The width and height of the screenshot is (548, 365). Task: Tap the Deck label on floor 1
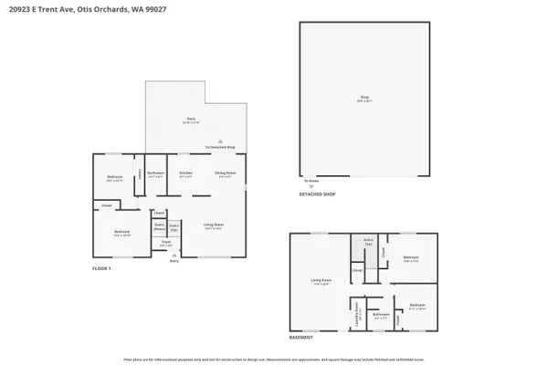[191, 120]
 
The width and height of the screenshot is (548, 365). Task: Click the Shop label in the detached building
[364, 99]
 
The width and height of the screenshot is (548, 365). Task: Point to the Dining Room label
[227, 173]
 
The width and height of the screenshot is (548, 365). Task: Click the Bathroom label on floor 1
[156, 173]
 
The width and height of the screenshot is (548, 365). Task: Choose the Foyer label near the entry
[166, 244]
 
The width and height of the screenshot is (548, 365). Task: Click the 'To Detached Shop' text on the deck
[220, 147]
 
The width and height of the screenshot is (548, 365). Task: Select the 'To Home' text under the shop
[311, 181]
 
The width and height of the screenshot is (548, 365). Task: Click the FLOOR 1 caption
[101, 269]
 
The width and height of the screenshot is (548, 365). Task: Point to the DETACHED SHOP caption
[318, 194]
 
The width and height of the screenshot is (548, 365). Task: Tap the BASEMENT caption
[302, 337]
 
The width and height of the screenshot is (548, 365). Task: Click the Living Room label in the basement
[321, 281]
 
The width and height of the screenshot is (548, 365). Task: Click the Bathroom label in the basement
[381, 314]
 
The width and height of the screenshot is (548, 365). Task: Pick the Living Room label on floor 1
[214, 225]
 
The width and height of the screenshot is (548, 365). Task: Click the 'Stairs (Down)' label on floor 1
[159, 226]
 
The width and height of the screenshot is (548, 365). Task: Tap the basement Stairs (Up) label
[369, 243]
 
